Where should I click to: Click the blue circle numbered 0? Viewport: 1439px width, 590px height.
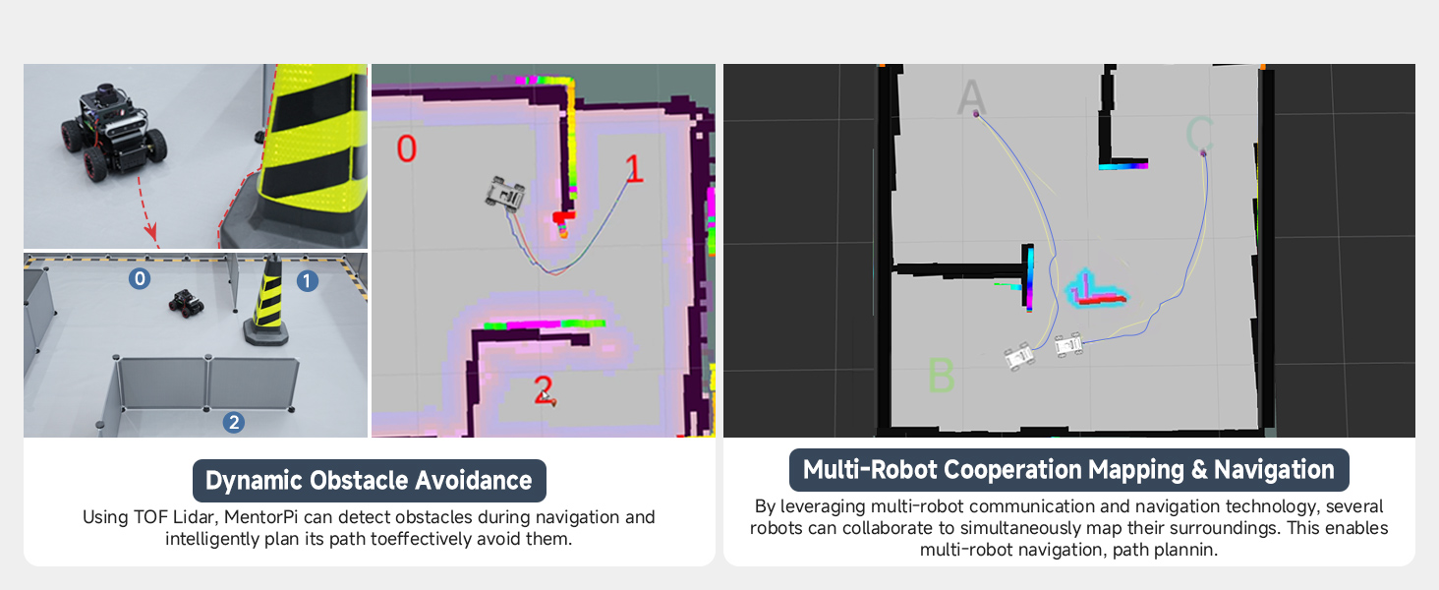[140, 278]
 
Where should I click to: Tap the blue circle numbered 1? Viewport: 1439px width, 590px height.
[307, 281]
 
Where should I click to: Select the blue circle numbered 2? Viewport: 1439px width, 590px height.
[234, 422]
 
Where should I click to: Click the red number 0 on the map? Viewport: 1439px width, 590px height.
[406, 148]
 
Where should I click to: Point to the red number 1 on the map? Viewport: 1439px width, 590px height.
[634, 168]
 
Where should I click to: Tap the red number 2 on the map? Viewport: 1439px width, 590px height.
[544, 389]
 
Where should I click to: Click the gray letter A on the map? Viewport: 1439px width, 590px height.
[971, 96]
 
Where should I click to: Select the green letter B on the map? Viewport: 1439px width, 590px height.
[941, 374]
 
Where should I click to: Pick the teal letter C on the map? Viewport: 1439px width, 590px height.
[1199, 134]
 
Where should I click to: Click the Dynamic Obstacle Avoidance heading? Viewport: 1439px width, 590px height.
[369, 481]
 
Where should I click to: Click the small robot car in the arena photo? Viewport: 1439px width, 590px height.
[187, 303]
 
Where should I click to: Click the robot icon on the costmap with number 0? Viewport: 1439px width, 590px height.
[505, 194]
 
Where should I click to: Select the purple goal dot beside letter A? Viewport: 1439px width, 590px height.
[976, 114]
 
